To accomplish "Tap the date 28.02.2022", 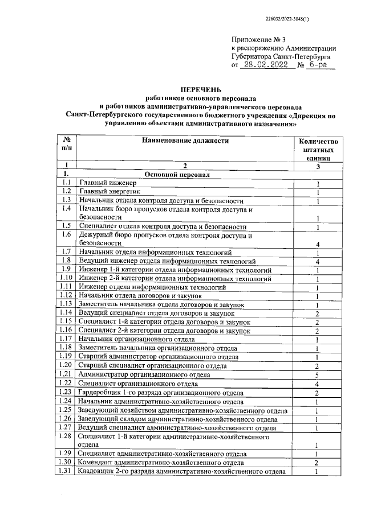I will click(265, 65).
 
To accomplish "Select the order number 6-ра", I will click(317, 65).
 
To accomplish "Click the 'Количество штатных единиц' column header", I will click(318, 149).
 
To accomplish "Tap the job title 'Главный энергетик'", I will click(109, 192).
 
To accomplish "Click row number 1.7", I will click(67, 252).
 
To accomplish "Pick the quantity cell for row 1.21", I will click(318, 375).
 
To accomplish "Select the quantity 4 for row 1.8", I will click(318, 262).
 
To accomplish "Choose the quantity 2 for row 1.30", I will click(318, 463).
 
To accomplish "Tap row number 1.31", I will click(67, 471).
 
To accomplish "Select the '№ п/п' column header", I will click(67, 145).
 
